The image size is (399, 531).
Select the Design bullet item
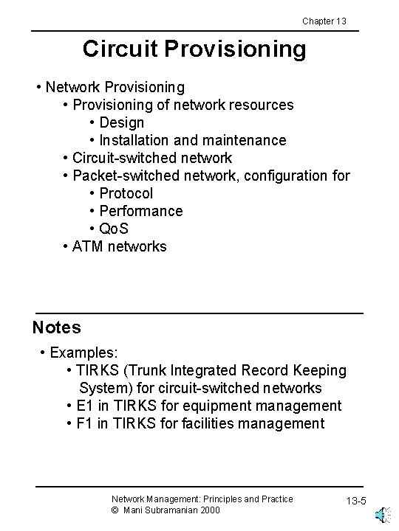click(121, 122)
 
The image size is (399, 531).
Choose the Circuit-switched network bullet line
click(151, 158)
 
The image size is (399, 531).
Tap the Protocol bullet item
click(126, 193)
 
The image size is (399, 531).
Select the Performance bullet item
click(140, 211)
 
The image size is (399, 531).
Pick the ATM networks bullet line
click(119, 246)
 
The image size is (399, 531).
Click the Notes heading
click(57, 327)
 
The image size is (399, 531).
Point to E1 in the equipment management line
click(85, 406)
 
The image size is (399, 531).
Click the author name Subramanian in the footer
click(178, 510)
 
